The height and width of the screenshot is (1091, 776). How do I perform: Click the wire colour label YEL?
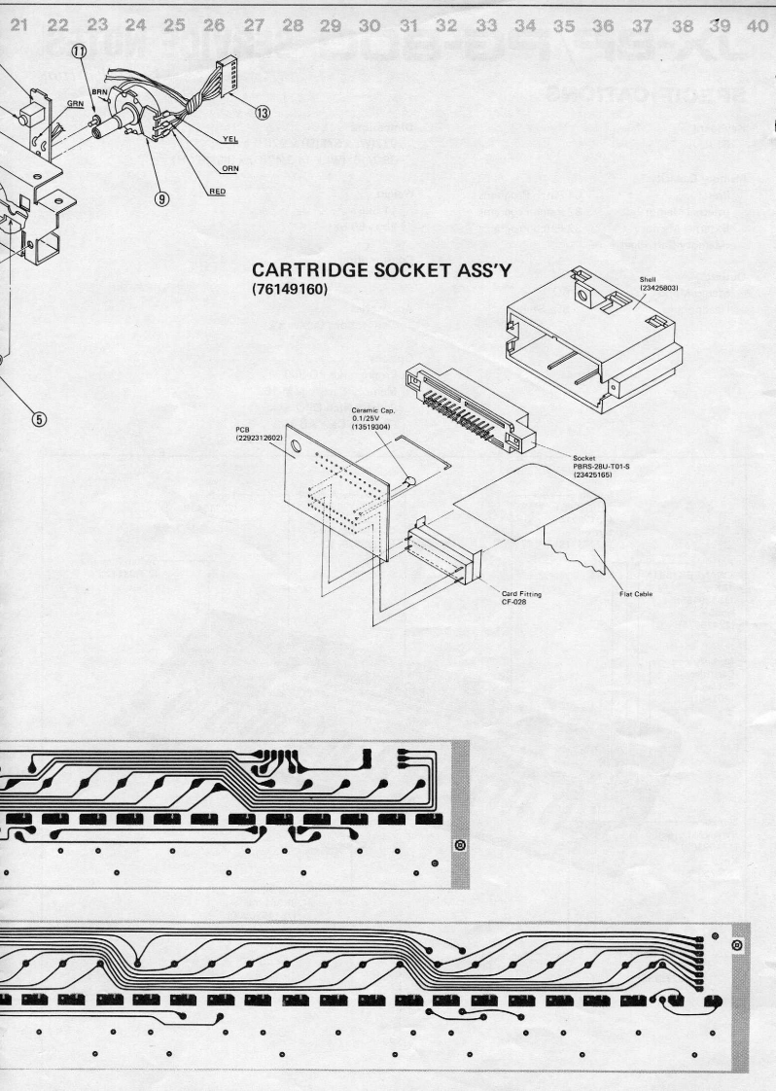coord(229,139)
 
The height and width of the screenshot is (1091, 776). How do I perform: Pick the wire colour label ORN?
coord(229,166)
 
